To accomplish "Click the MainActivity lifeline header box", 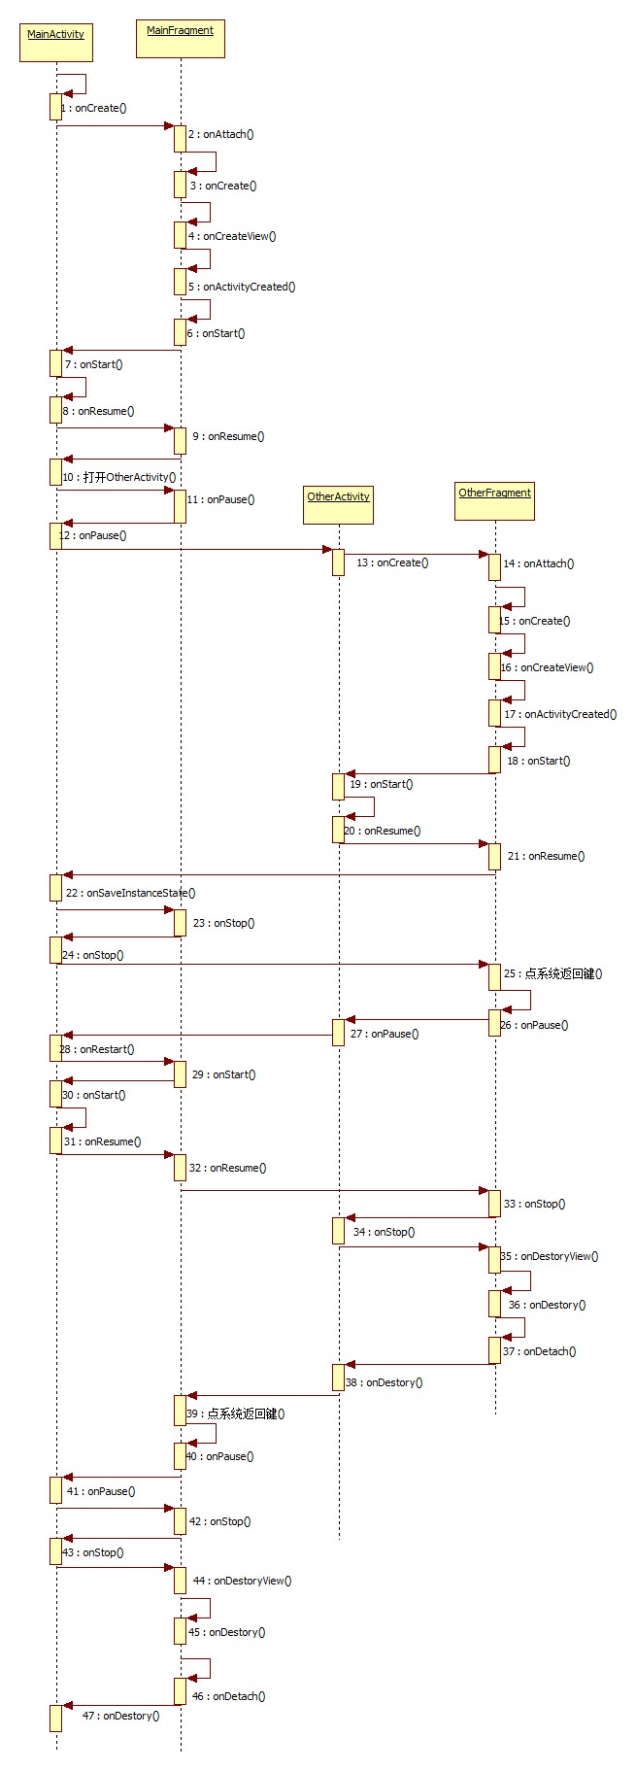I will tap(56, 43).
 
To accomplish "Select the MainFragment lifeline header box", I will tap(181, 39).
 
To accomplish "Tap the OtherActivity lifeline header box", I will tap(338, 505).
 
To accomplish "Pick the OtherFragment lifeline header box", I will tap(495, 501).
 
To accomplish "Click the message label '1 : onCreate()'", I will tap(94, 108).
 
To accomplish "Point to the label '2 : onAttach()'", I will tap(221, 134).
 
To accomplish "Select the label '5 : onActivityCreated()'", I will tap(242, 287).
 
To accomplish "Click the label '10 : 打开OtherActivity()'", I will tap(119, 477).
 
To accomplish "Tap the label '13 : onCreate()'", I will tap(392, 562).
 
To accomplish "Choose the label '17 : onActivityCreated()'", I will tap(560, 714).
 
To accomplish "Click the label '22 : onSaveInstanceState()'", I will tap(130, 893).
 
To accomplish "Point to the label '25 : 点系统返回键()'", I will tap(552, 973).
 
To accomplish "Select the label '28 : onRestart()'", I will tap(97, 1049).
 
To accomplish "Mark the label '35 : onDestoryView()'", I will tap(550, 1256).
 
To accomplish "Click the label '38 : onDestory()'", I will tap(385, 1382).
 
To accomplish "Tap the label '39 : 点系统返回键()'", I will tap(236, 1414).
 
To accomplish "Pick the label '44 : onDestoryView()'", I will tap(242, 1581).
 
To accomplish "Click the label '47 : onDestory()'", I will tap(121, 1716).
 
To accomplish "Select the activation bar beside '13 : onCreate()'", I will tap(338, 562).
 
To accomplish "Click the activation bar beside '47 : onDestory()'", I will tap(55, 1718).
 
